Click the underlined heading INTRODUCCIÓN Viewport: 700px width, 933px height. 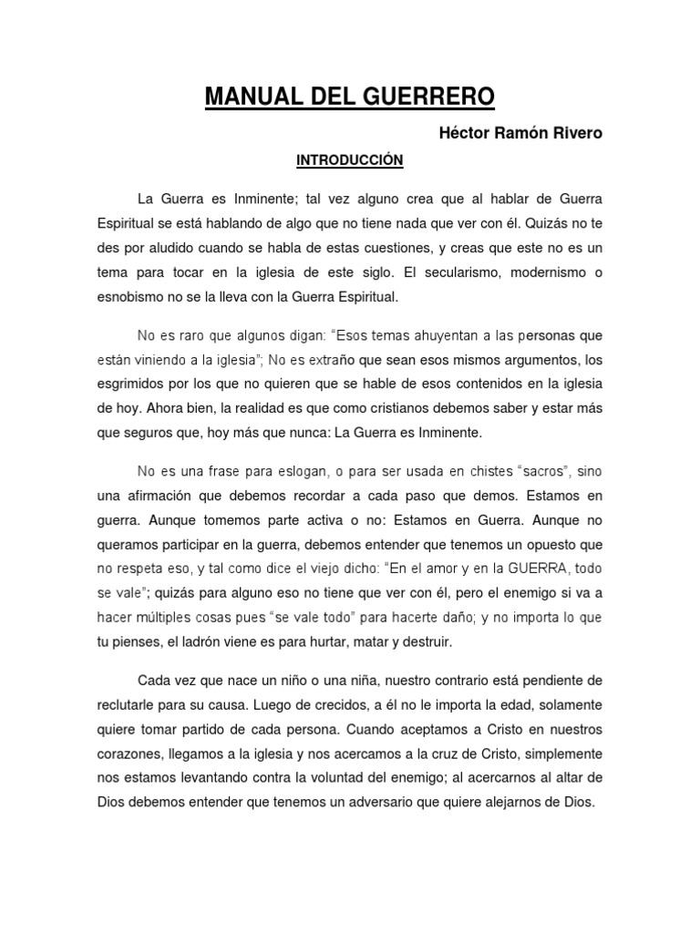pyautogui.click(x=336, y=160)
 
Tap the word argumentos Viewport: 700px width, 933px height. pyautogui.click(x=529, y=359)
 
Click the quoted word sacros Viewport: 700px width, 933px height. pyautogui.click(x=546, y=470)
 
